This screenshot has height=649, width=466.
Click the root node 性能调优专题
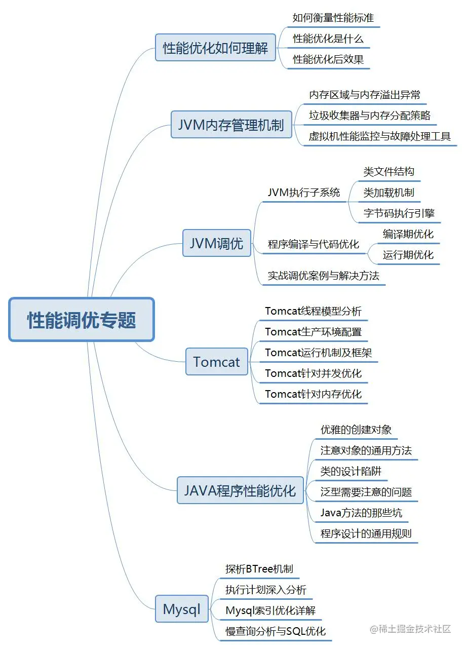tap(81, 319)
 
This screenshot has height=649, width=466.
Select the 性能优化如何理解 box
tap(215, 48)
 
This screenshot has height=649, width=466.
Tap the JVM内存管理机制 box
tap(231, 124)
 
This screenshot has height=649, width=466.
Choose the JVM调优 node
tap(216, 243)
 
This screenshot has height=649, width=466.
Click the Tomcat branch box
tap(216, 361)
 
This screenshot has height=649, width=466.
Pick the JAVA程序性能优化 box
tap(240, 490)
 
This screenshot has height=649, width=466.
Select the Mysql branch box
tap(182, 608)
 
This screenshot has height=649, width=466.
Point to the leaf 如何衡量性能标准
tap(333, 18)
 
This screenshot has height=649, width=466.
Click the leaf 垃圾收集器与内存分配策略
tap(370, 116)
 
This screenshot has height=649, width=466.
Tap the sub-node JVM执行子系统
tap(304, 193)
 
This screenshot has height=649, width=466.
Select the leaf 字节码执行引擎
tap(399, 213)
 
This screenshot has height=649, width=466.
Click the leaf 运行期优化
tap(408, 255)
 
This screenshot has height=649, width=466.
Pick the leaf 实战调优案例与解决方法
tap(323, 276)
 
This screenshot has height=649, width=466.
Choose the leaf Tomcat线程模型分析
tap(313, 311)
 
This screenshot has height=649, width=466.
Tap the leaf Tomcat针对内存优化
tap(313, 394)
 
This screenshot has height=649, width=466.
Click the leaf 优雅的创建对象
tap(356, 430)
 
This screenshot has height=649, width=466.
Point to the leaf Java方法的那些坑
tap(361, 513)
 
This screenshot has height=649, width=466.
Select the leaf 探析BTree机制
tap(259, 569)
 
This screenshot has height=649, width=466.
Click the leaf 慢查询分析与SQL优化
tap(276, 631)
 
